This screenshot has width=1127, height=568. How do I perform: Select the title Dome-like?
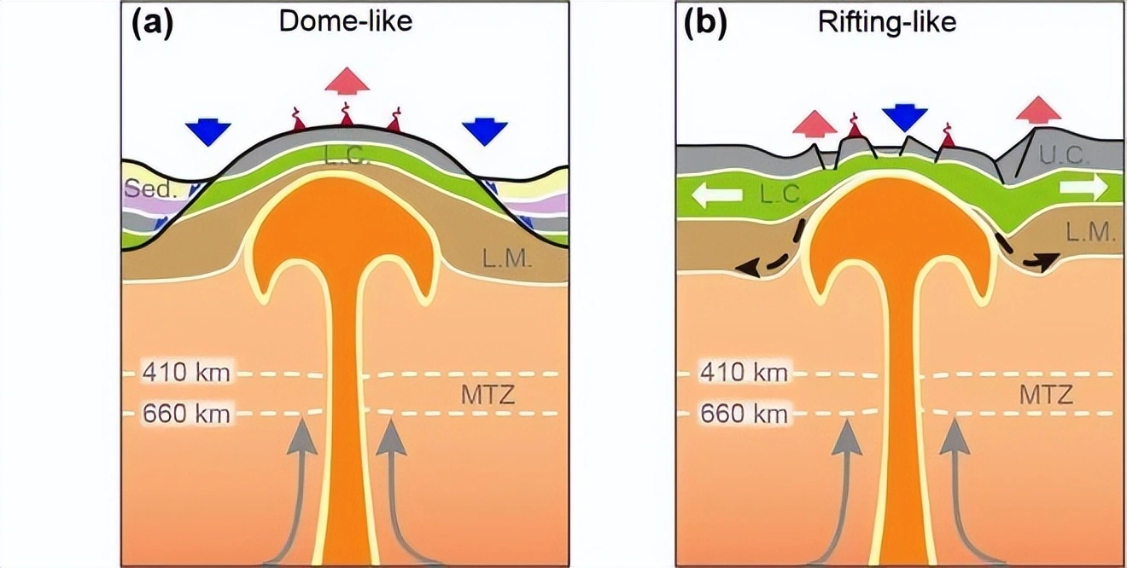346,21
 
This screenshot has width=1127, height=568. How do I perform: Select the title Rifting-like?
887,21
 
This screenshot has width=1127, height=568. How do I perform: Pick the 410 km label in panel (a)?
186,374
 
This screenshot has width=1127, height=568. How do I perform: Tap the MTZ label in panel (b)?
1046,395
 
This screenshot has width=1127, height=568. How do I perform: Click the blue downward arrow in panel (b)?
904,118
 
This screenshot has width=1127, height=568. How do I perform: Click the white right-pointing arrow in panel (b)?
1083,187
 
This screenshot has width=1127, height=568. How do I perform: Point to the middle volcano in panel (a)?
347,116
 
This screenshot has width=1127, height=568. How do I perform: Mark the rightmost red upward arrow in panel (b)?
1038,108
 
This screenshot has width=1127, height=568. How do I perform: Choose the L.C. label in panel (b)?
780,195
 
